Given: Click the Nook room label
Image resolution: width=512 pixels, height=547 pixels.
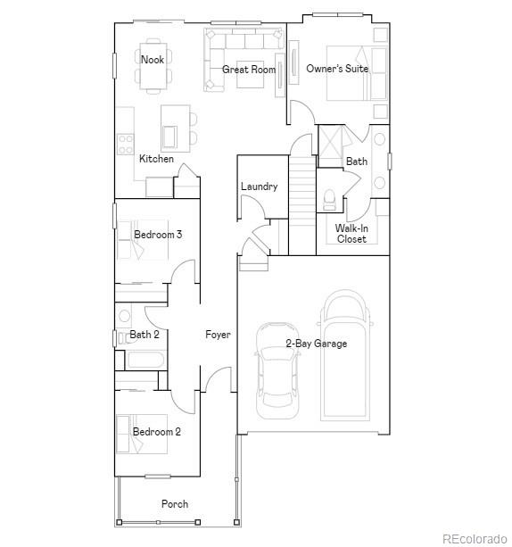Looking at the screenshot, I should (x=153, y=60).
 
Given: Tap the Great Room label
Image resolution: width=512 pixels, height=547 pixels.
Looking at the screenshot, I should (x=249, y=69).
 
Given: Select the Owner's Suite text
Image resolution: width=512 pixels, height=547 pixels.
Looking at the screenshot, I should (x=337, y=69).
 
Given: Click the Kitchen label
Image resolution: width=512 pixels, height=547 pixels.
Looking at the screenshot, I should (x=156, y=159).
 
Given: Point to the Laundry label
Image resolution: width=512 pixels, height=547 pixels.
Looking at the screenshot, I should (x=259, y=186).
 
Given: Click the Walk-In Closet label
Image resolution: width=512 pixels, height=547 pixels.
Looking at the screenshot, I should (x=351, y=233).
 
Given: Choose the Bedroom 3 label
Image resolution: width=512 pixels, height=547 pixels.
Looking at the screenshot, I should (x=158, y=235).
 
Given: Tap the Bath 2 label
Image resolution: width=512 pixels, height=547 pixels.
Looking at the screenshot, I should (x=145, y=335).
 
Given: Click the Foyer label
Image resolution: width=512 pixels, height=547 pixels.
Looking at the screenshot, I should (x=218, y=335).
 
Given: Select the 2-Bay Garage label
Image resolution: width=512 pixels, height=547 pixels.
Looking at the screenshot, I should (x=316, y=343).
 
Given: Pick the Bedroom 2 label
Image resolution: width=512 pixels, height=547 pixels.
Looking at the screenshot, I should (x=157, y=432).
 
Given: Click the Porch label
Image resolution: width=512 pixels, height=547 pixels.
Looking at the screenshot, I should (x=175, y=503).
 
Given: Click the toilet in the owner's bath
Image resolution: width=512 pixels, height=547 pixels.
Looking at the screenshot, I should (x=329, y=197).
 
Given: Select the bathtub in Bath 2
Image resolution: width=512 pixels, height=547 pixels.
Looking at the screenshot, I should (x=144, y=361).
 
